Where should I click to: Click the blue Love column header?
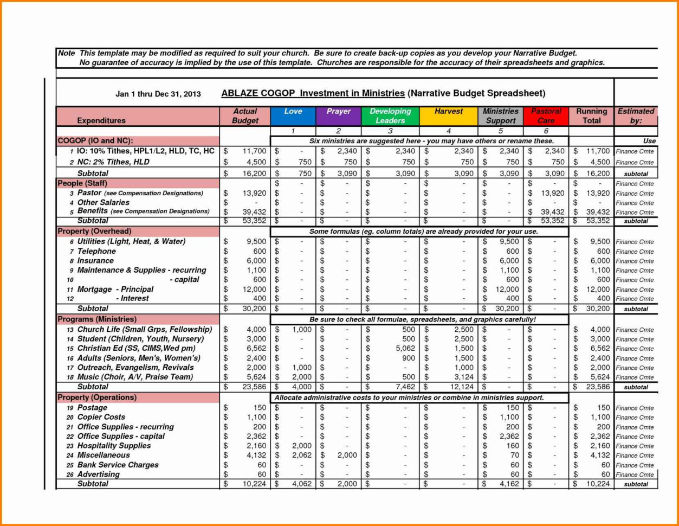pyautogui.click(x=293, y=116)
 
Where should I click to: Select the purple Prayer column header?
pyautogui.click(x=338, y=116)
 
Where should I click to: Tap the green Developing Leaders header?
pyautogui.click(x=390, y=116)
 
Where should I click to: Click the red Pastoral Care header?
pyautogui.click(x=546, y=116)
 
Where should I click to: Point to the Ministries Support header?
pyautogui.click(x=501, y=116)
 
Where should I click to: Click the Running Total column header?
pyautogui.click(x=591, y=116)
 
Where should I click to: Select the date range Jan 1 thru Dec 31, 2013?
pyautogui.click(x=158, y=94)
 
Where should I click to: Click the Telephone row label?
pyautogui.click(x=96, y=251)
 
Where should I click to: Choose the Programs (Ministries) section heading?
pyautogui.click(x=97, y=319)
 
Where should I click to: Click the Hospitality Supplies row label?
pyautogui.click(x=114, y=446)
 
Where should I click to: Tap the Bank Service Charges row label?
pyautogui.click(x=118, y=465)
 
